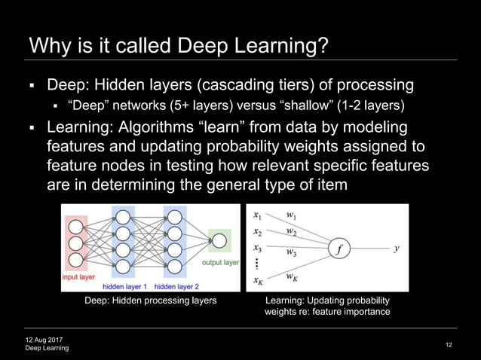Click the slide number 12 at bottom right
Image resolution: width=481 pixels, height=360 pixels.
click(x=449, y=345)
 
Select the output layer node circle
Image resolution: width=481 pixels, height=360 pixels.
click(x=219, y=241)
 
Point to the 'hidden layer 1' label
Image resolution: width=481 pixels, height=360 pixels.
click(x=125, y=286)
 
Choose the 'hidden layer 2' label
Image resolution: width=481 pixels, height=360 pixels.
click(x=176, y=286)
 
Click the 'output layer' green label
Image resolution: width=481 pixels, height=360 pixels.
click(x=220, y=263)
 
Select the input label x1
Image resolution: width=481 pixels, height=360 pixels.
click(x=258, y=214)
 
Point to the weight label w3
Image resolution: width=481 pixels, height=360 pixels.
click(x=291, y=253)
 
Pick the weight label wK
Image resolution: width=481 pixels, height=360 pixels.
click(x=291, y=277)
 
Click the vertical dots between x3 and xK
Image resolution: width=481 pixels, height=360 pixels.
click(x=257, y=263)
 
